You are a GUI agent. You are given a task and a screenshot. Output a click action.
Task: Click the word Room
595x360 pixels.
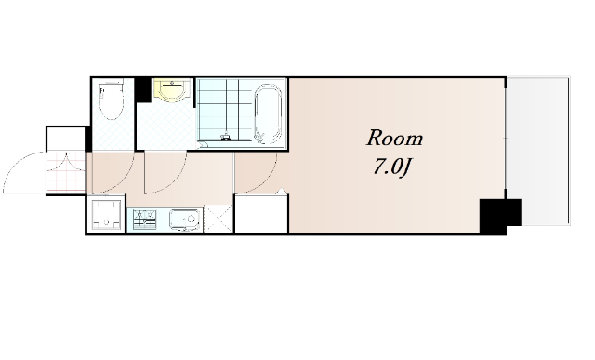pos(394,138)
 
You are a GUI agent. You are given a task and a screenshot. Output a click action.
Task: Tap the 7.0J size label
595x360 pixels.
pos(392,167)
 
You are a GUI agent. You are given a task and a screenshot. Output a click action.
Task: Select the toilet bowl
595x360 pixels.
pos(112,100)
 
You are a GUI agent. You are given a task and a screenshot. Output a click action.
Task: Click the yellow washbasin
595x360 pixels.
pos(173,90)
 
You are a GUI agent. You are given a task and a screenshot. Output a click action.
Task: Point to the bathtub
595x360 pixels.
pos(268,113)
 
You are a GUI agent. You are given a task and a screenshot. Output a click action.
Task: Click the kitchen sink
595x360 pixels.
pos(185,220)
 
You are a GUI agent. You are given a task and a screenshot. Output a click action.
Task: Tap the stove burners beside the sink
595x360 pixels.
pos(145,220)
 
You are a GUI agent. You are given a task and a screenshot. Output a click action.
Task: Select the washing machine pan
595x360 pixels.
pos(106,215)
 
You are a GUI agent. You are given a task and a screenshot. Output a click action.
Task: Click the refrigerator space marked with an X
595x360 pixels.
pos(218,220)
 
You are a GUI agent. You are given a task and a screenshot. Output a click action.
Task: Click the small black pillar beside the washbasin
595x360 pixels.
pos(143,89)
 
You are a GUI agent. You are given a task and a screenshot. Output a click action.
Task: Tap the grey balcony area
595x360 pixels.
pos(538,151)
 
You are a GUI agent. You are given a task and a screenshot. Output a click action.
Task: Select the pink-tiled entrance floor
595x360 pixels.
pos(66,171)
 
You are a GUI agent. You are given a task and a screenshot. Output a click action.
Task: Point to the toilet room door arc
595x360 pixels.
pos(122,181)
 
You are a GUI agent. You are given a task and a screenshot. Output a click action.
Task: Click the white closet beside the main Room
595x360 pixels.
pos(261,214)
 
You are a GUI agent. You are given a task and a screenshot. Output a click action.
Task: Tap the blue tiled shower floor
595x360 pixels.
pos(225,110)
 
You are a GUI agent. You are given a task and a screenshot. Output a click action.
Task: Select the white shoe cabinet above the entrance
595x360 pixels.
pos(65,139)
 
